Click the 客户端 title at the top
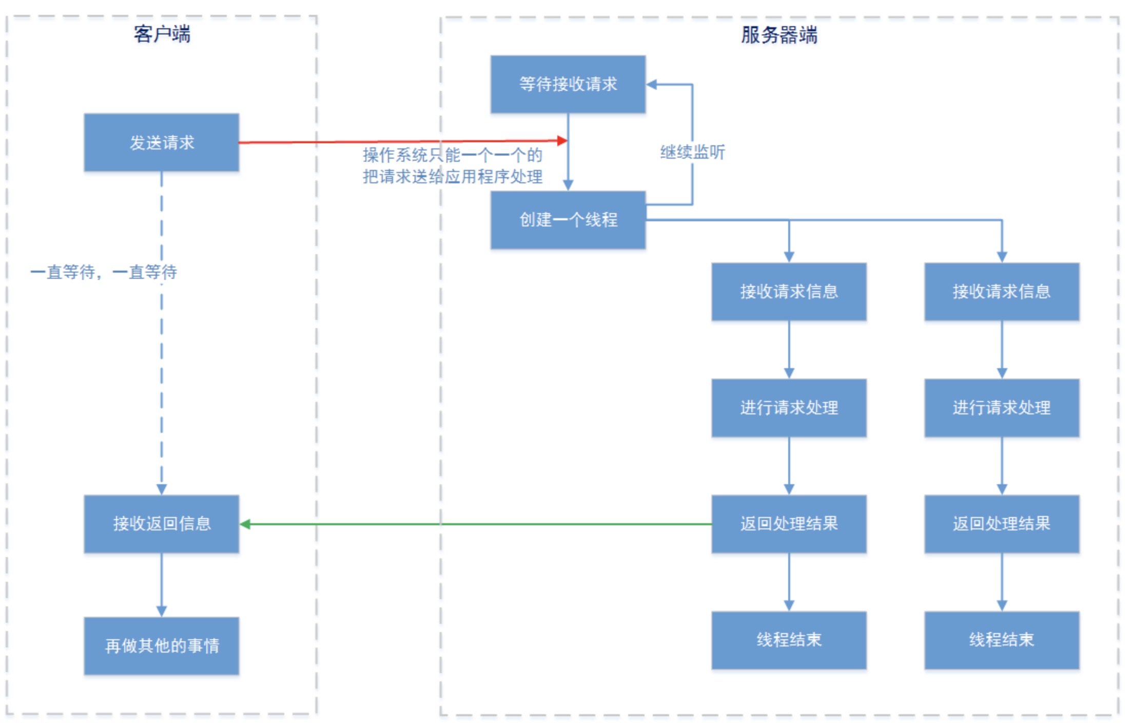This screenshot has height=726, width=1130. click(x=162, y=34)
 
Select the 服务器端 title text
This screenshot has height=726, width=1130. click(x=778, y=35)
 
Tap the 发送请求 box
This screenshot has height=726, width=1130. click(x=162, y=142)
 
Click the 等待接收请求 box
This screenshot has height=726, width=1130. click(x=568, y=84)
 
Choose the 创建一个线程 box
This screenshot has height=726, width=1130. click(x=568, y=220)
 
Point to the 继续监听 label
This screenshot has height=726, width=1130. click(x=692, y=152)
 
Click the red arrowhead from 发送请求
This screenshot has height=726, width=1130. click(x=562, y=140)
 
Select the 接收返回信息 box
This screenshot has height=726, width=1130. click(x=162, y=524)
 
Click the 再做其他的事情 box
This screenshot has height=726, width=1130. click(x=162, y=645)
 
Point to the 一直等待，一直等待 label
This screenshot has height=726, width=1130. click(x=104, y=272)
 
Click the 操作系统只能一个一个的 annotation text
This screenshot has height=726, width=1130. click(x=452, y=155)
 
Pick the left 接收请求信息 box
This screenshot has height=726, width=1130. click(x=789, y=292)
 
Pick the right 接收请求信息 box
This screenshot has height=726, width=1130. click(x=1001, y=292)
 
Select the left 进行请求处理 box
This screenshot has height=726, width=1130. click(x=789, y=408)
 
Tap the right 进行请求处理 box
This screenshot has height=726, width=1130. click(x=1001, y=408)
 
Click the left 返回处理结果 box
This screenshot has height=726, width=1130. click(x=789, y=524)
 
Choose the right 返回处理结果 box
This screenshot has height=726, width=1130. click(x=1001, y=524)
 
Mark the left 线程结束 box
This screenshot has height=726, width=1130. click(x=789, y=640)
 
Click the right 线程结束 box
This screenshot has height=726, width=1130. click(x=1001, y=640)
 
